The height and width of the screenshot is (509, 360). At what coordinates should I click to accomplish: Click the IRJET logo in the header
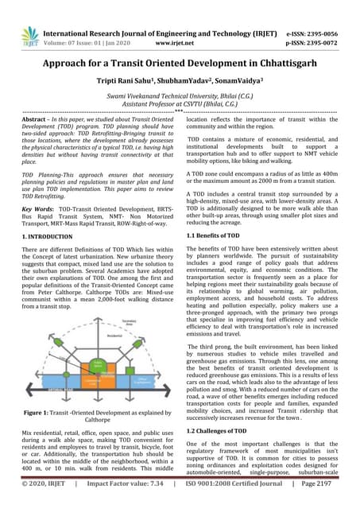tap(30, 34)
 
